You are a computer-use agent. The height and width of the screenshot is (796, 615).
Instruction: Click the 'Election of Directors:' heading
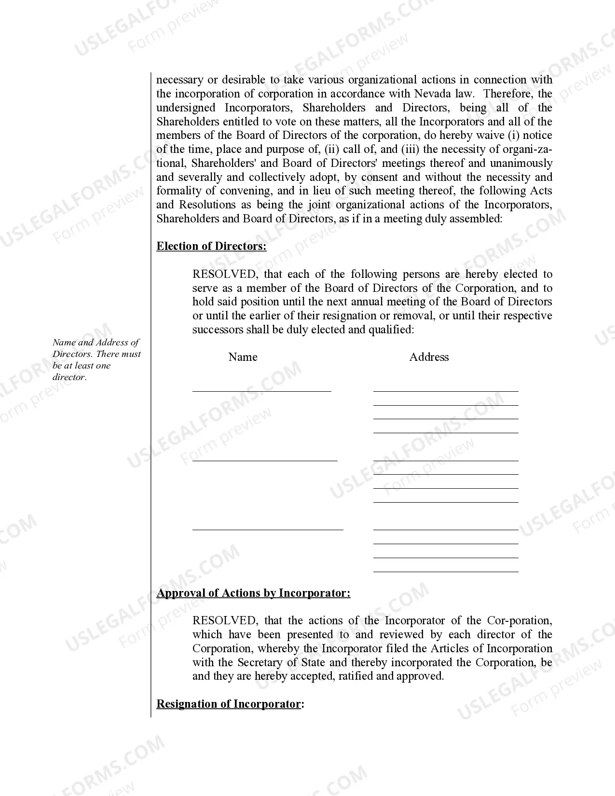[211, 247]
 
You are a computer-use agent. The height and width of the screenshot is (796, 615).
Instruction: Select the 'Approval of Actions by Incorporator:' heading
[253, 593]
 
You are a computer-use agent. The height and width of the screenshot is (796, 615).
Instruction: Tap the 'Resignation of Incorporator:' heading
[230, 704]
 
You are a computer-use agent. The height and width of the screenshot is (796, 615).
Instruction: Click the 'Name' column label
[243, 357]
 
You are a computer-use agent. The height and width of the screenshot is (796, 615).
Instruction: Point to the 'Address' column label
[429, 357]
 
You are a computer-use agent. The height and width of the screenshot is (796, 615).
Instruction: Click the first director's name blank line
[262, 390]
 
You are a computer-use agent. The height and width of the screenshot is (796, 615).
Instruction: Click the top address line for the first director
[446, 390]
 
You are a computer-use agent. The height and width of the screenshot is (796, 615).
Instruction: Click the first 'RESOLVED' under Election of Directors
[224, 274]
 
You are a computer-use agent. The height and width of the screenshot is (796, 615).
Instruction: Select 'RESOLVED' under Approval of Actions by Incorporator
[224, 621]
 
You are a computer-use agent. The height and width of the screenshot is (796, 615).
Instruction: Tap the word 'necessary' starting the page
[179, 80]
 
